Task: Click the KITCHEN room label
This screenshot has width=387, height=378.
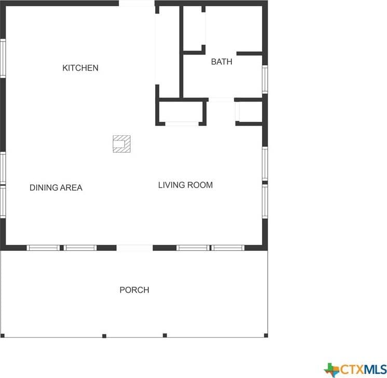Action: [x=80, y=68]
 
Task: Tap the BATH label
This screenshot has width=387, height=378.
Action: [x=222, y=61]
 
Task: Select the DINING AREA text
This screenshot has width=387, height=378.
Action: [x=56, y=188]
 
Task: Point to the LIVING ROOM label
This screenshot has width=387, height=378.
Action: [x=185, y=185]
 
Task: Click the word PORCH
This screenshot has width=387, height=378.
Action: [x=134, y=290]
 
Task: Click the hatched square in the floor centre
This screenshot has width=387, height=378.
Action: [x=122, y=144]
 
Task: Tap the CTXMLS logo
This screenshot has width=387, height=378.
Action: [x=355, y=370]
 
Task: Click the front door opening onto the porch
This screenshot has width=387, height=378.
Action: [x=135, y=248]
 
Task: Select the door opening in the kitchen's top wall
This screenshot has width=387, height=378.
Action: [x=137, y=3]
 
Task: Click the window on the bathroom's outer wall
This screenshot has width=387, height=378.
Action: [x=265, y=79]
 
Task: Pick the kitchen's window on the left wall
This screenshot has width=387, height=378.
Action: [x=3, y=58]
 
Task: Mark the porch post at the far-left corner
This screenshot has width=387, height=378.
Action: [x=3, y=335]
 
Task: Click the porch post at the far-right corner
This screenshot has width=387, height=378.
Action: [x=266, y=335]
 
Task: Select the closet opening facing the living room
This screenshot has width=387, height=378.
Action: [x=182, y=123]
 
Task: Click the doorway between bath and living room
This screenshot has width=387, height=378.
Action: [x=222, y=100]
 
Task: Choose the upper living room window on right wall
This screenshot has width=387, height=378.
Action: [x=265, y=164]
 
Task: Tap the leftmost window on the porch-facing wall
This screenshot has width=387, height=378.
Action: [x=43, y=248]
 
